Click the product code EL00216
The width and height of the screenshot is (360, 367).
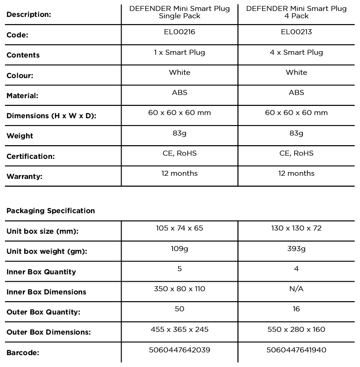[179, 32]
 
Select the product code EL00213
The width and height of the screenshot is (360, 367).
[296, 32]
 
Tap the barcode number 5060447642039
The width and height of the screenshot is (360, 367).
[180, 350]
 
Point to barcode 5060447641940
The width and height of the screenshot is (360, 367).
[296, 350]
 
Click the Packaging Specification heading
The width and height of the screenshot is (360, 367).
[51, 211]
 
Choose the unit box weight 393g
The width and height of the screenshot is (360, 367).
[296, 248]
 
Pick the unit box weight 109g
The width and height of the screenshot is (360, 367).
[180, 248]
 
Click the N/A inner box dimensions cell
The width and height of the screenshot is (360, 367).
[296, 288]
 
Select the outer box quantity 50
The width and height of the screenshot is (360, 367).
[180, 309]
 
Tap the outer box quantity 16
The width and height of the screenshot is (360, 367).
[296, 309]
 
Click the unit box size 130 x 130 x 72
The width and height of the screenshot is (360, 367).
[296, 228]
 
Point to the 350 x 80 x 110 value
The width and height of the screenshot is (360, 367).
[180, 288]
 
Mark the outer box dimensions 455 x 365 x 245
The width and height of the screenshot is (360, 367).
[180, 329]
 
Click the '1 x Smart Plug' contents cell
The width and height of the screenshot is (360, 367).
[180, 52]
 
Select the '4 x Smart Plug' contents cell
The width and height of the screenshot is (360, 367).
[296, 52]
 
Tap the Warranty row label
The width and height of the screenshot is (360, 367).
[24, 176]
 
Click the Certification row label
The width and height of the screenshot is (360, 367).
[30, 156]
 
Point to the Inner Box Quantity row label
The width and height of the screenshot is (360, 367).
[41, 272]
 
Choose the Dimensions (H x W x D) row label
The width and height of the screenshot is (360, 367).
[51, 116]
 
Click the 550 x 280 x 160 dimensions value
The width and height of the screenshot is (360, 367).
[296, 329]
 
